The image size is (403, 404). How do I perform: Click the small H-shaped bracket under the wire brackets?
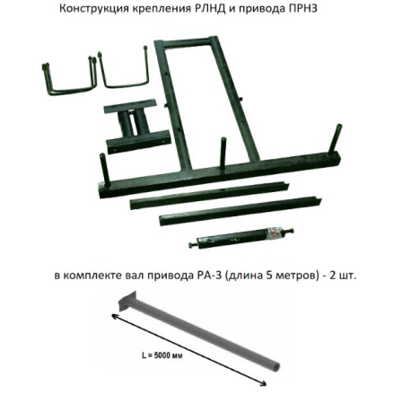pyautogui.click(x=135, y=127)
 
